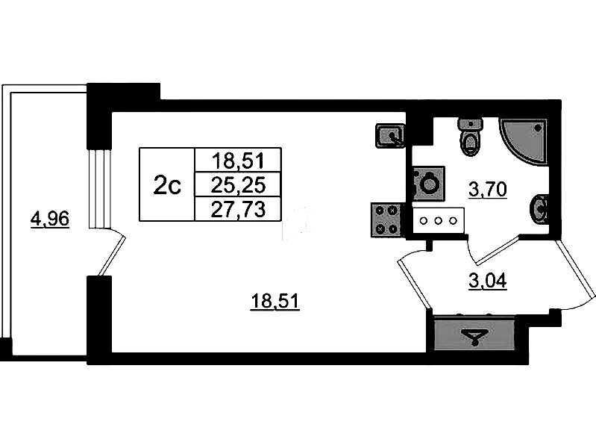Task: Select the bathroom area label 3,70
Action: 487,189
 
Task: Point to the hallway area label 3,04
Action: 487,281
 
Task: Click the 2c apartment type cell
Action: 166,184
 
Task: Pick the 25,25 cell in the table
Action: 236,184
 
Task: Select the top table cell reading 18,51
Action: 236,160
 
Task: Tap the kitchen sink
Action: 390,135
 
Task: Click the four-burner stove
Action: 386,220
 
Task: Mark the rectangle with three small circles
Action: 439,220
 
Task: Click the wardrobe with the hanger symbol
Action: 471,335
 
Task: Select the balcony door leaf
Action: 111,254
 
